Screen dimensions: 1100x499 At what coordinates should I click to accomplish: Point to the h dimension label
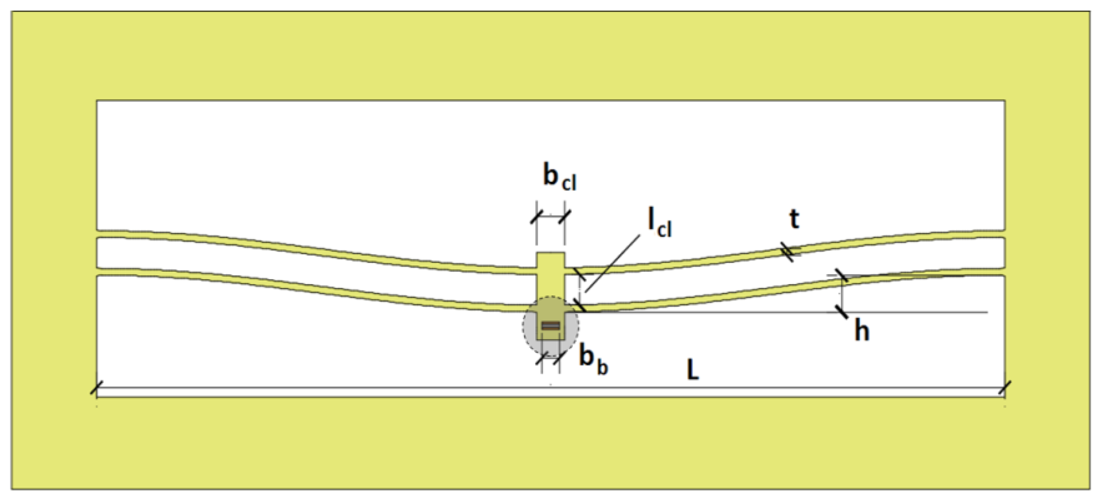pyautogui.click(x=862, y=331)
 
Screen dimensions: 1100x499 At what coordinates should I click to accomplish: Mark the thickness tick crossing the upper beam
pyautogui.click(x=788, y=252)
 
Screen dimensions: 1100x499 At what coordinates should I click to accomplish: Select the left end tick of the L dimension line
pyautogui.click(x=96, y=388)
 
